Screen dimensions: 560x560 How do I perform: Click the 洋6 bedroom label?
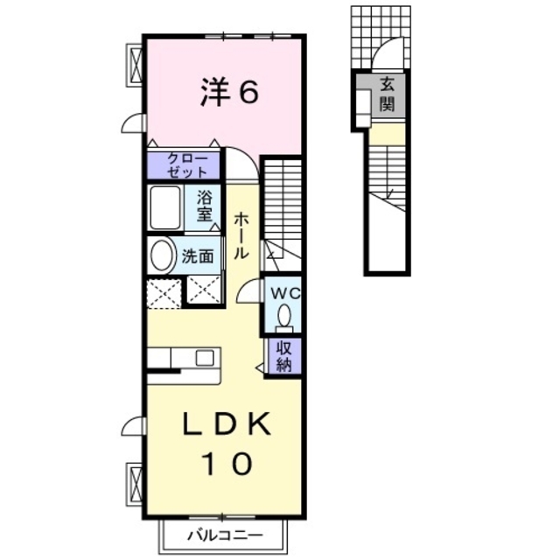pyautogui.click(x=230, y=92)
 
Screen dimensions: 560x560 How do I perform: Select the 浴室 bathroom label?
pyautogui.click(x=206, y=207)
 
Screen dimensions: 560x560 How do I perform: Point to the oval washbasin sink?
pyautogui.click(x=162, y=256)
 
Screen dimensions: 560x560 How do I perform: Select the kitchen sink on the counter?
pyautogui.click(x=205, y=357)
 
